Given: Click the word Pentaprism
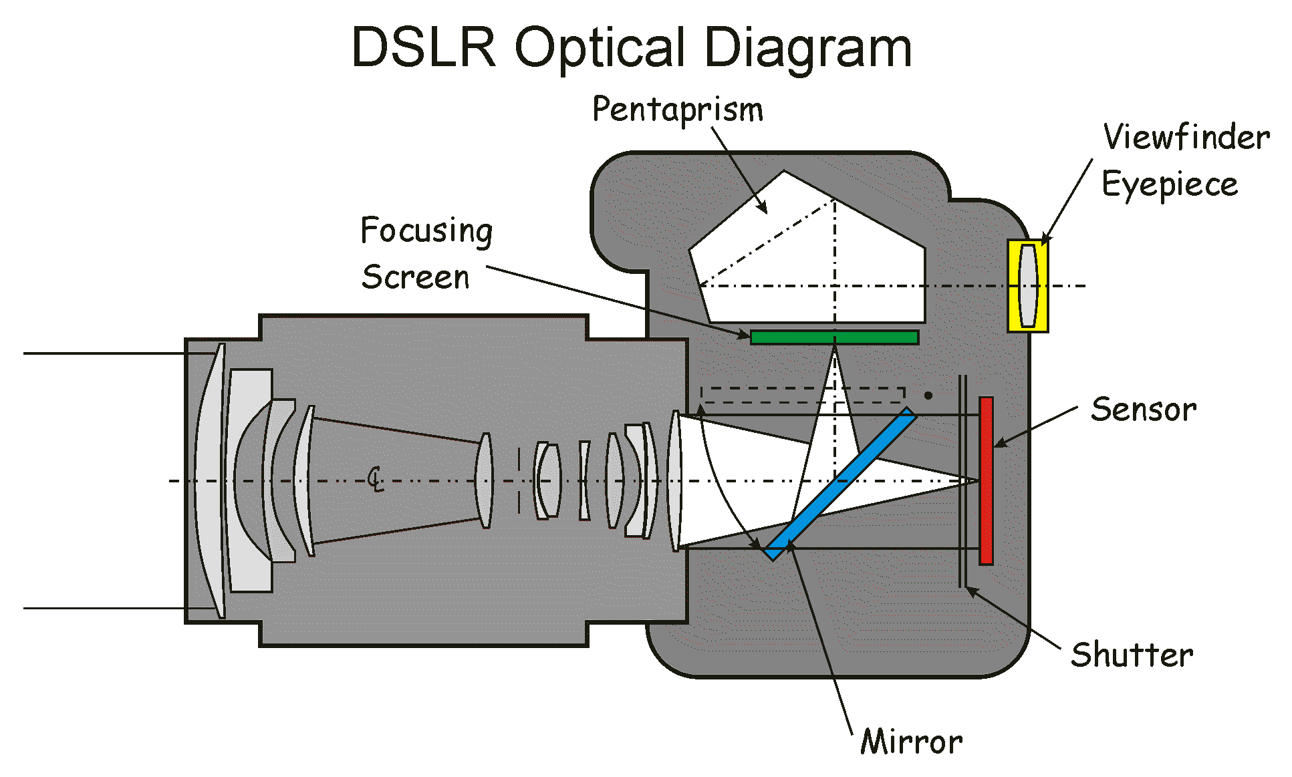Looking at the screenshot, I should (x=677, y=110).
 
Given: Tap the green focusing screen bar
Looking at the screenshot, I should (x=834, y=337).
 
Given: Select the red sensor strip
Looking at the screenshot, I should (x=986, y=481).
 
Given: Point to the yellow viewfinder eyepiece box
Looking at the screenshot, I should (x=1028, y=286).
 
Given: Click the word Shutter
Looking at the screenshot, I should (x=1132, y=654).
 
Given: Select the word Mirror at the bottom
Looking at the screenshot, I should (x=912, y=742).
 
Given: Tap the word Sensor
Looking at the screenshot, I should (x=1144, y=410).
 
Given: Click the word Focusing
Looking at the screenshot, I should (x=426, y=231).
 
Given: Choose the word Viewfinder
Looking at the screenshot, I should (x=1186, y=138).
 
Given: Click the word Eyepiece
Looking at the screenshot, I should (x=1170, y=184).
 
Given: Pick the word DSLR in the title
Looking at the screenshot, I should (x=424, y=47).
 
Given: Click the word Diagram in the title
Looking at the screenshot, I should (x=808, y=47).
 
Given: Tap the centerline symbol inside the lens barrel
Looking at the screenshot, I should (x=376, y=479).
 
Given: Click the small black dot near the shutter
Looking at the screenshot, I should (x=928, y=396).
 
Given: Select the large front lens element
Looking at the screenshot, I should (x=210, y=481).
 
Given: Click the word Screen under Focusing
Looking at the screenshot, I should (x=415, y=277).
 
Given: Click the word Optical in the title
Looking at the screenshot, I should (x=600, y=47).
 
